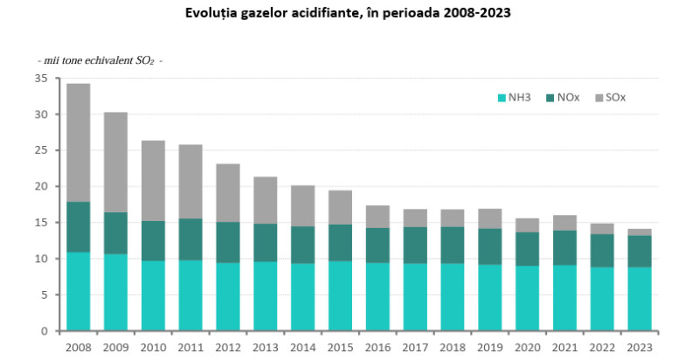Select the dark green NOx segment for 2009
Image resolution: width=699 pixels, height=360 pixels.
pyautogui.click(x=115, y=233)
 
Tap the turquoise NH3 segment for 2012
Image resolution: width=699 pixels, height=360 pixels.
pyautogui.click(x=228, y=297)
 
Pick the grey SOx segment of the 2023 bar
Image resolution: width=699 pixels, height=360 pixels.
pyautogui.click(x=640, y=232)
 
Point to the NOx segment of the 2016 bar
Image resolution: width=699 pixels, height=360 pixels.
pyautogui.click(x=377, y=246)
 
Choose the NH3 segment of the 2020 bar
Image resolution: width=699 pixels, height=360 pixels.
pyautogui.click(x=528, y=298)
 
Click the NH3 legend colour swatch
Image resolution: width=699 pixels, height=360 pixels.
pyautogui.click(x=502, y=98)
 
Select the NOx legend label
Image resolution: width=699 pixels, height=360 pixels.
pyautogui.click(x=568, y=98)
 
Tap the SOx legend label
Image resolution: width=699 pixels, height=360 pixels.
pyautogui.click(x=615, y=98)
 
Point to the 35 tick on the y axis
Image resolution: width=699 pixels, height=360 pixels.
pyautogui.click(x=41, y=78)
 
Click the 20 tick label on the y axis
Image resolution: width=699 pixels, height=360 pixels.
pyautogui.click(x=41, y=186)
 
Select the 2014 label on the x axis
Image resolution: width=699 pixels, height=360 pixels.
pyautogui.click(x=302, y=347)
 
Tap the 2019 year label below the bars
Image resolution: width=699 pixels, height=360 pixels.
pyautogui.click(x=490, y=347)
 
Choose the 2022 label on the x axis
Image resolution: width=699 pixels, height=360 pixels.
pyautogui.click(x=603, y=347)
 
